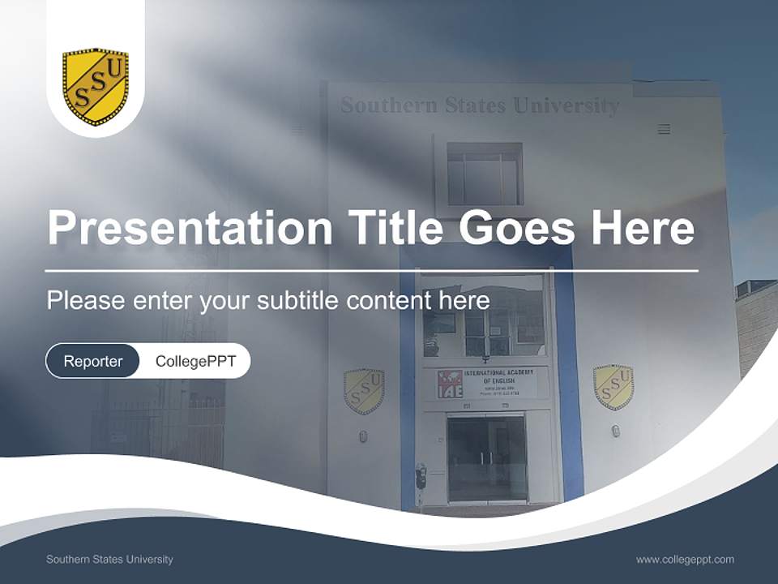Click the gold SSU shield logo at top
[96, 87]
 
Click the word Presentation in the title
[190, 228]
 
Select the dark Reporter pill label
[93, 361]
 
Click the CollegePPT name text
[195, 361]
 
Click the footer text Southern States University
[109, 559]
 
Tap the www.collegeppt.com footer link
[685, 559]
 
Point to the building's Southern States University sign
[480, 105]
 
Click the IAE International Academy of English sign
[485, 384]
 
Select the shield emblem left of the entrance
[364, 392]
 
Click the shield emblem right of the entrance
[613, 387]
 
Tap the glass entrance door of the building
[486, 458]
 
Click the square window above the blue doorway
[485, 174]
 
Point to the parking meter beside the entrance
[421, 477]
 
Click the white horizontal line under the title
[372, 271]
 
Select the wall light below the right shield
[616, 431]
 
